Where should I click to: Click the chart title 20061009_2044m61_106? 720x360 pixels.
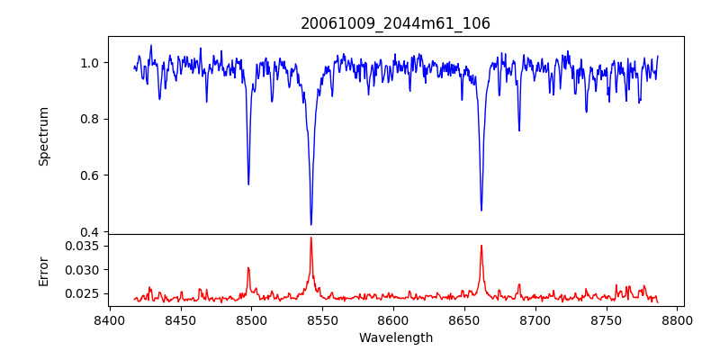[x=395, y=23]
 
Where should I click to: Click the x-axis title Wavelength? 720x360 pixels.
[x=395, y=337]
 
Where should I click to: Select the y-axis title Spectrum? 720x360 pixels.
[x=43, y=136]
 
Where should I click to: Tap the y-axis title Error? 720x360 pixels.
[x=43, y=270]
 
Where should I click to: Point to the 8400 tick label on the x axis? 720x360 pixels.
[x=109, y=319]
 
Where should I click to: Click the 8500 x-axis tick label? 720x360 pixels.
[x=251, y=319]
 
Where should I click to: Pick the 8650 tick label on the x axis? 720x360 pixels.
[x=464, y=319]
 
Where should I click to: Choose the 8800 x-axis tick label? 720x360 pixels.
[x=678, y=319]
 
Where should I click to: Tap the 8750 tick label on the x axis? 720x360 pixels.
[x=607, y=319]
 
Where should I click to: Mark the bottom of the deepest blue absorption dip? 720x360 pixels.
[x=311, y=224]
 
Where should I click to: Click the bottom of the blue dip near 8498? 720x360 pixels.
[x=248, y=184]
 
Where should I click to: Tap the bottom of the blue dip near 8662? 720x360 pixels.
[x=481, y=211]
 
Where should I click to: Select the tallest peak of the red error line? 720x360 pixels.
[x=311, y=238]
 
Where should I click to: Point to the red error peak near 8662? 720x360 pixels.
[x=481, y=245]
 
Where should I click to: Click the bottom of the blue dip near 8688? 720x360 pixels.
[x=519, y=130]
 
